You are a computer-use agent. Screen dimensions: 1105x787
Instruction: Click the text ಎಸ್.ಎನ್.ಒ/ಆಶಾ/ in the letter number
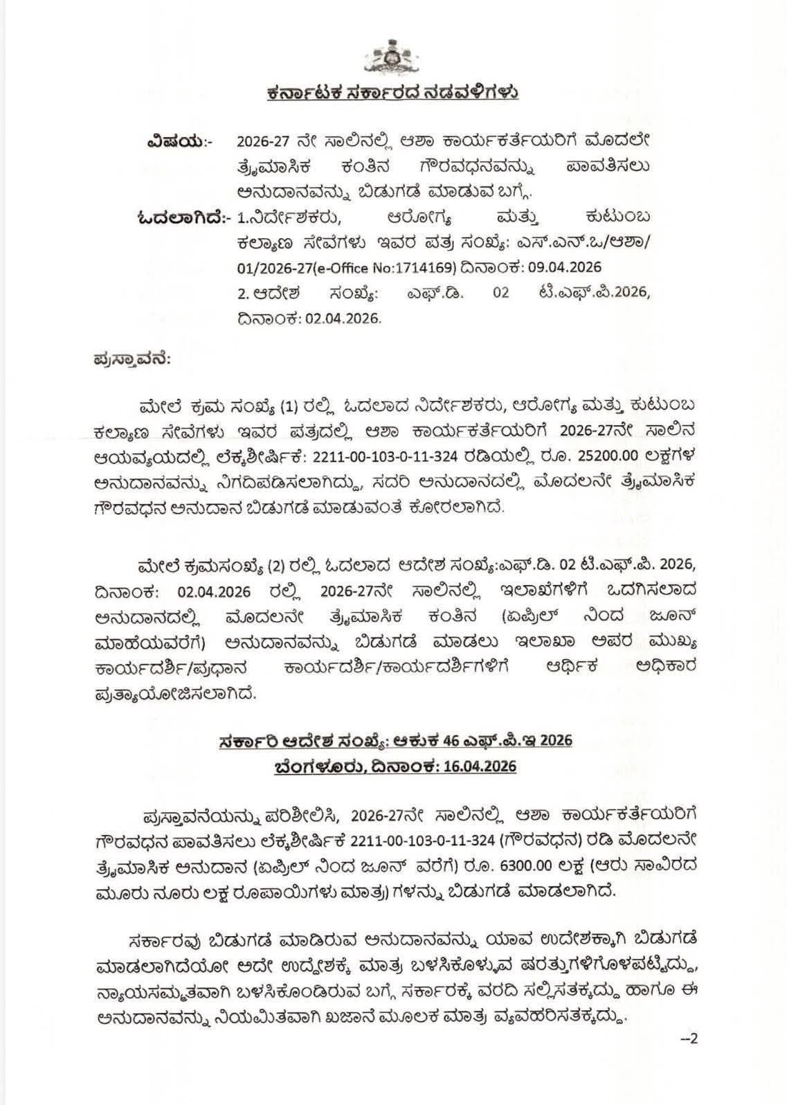tap(601, 242)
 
